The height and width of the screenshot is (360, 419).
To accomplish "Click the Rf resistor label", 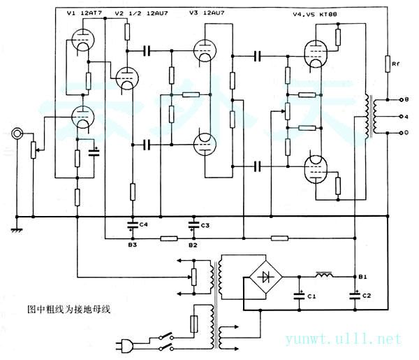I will coord(395,64).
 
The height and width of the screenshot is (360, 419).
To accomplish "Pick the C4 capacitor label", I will coord(144,224).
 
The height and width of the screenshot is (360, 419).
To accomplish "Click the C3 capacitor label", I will coord(205,224).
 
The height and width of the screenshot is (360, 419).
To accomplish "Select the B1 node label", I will coord(362,277).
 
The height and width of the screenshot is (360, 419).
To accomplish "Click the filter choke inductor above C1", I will coord(326,273).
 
